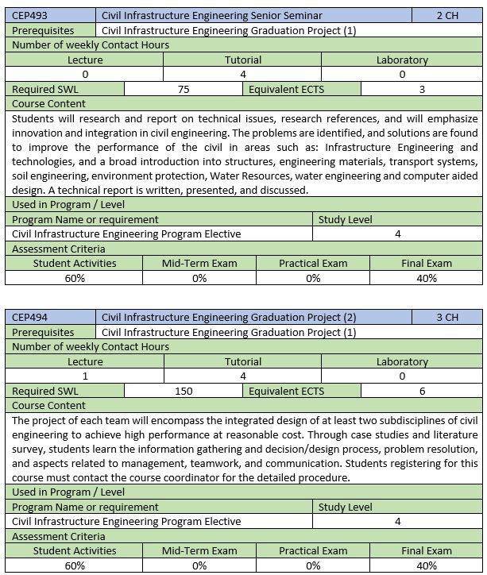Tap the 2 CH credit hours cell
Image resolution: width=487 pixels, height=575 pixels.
[447, 15]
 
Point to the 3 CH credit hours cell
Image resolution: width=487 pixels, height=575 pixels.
[447, 317]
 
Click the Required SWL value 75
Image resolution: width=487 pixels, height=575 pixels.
[184, 90]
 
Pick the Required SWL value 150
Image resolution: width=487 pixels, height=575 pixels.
[184, 392]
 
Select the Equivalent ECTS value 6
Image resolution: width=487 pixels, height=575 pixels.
[422, 392]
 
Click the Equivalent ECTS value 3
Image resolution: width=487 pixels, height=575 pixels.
[422, 90]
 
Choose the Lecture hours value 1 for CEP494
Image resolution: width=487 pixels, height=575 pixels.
[85, 376]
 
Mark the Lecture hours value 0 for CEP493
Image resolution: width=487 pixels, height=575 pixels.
[85, 75]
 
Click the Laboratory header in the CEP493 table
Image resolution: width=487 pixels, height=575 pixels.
[402, 60]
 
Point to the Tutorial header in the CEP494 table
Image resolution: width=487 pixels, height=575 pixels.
[243, 361]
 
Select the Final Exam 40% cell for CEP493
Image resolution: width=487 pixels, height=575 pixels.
[427, 278]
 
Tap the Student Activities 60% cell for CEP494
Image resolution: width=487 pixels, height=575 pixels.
[75, 566]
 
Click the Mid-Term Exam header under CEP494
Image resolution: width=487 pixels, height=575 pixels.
[199, 551]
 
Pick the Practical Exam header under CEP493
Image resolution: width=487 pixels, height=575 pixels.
[313, 263]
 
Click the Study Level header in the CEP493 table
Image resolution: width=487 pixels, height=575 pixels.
[345, 219]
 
